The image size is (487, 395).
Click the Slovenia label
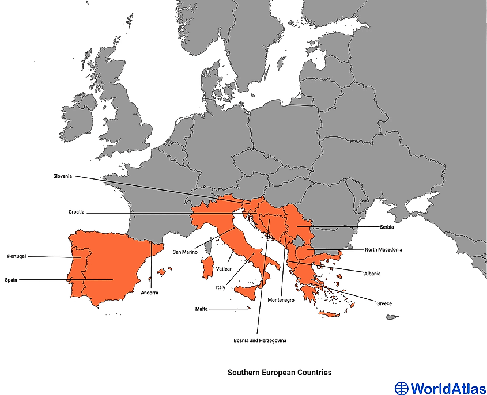[62, 176]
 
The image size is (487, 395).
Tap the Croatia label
[77, 212]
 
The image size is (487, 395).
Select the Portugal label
[17, 256]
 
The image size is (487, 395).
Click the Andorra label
[149, 293]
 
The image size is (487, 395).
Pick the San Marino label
[186, 252]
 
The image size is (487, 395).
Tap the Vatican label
[224, 269]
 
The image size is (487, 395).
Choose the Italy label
[221, 287]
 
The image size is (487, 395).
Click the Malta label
[201, 309]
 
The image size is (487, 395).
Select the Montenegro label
[281, 301]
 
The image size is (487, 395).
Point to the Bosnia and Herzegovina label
[260, 341]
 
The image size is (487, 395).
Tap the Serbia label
[387, 227]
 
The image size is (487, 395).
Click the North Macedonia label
[383, 250]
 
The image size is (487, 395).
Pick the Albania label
[372, 274]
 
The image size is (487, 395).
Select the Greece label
[384, 303]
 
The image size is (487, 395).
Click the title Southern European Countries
[280, 373]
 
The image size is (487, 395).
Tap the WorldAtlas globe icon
[401, 388]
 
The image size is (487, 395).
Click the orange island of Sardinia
[205, 268]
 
